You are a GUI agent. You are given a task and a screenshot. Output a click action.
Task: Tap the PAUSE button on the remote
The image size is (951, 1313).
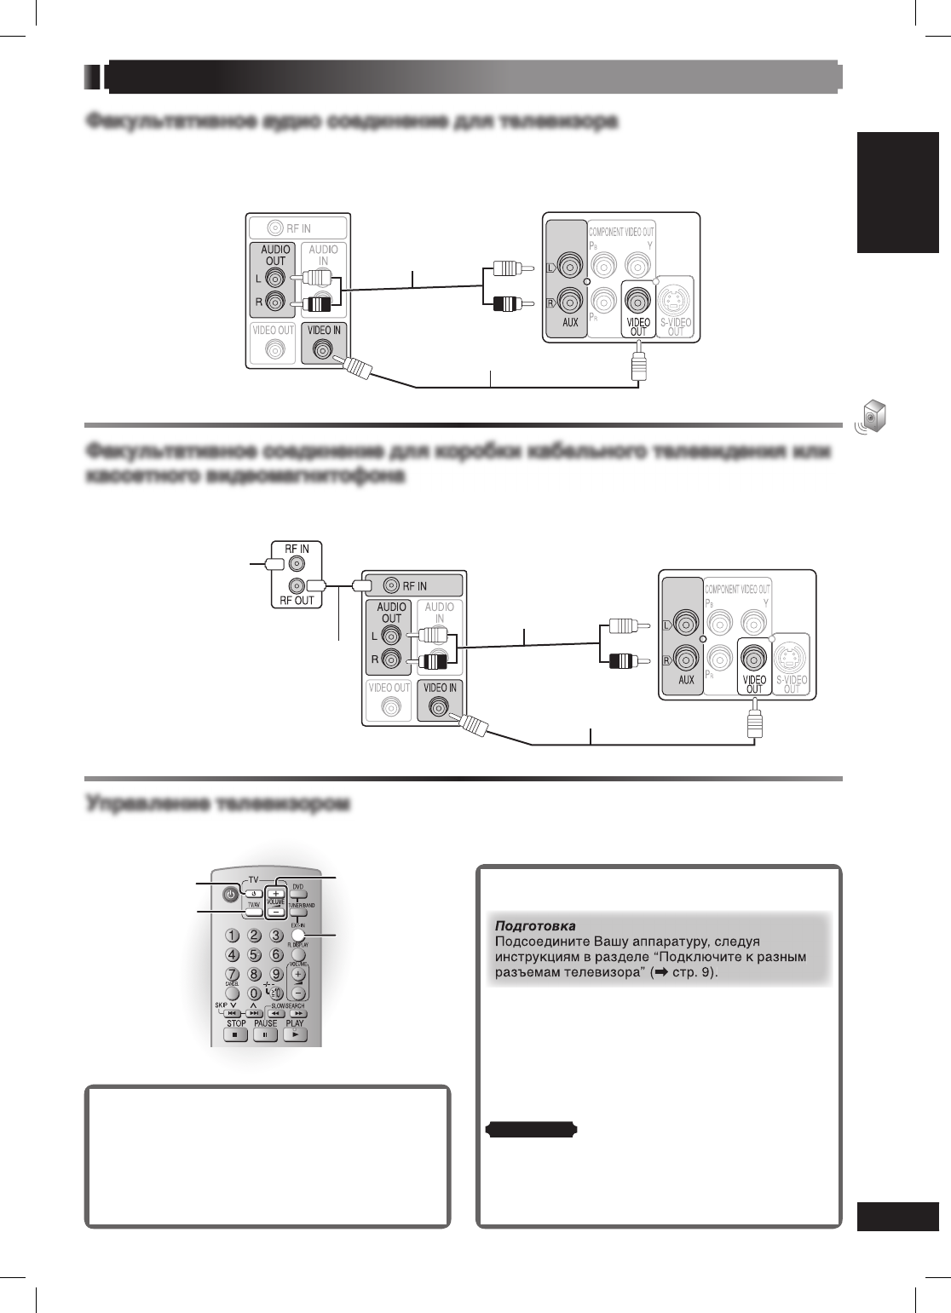point(265,1035)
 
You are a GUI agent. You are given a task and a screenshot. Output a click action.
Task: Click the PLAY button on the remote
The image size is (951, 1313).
point(295,1035)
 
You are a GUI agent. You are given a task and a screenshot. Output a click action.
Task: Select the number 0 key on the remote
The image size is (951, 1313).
point(254,993)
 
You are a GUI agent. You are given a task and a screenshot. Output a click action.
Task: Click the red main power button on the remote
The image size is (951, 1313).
point(229,895)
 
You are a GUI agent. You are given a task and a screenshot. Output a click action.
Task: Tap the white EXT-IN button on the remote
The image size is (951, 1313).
point(298,935)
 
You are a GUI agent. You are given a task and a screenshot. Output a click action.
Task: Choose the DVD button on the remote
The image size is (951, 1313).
point(298,895)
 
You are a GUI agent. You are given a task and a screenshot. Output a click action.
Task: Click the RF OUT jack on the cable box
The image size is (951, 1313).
point(296,585)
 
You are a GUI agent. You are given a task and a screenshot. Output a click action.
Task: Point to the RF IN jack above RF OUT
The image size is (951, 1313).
point(296,563)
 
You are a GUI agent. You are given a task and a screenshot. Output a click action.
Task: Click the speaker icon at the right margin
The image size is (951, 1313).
point(870,416)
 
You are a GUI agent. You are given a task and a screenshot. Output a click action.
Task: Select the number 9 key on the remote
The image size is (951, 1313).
point(276,973)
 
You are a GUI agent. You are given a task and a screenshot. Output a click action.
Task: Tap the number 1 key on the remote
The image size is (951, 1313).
point(231,935)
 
